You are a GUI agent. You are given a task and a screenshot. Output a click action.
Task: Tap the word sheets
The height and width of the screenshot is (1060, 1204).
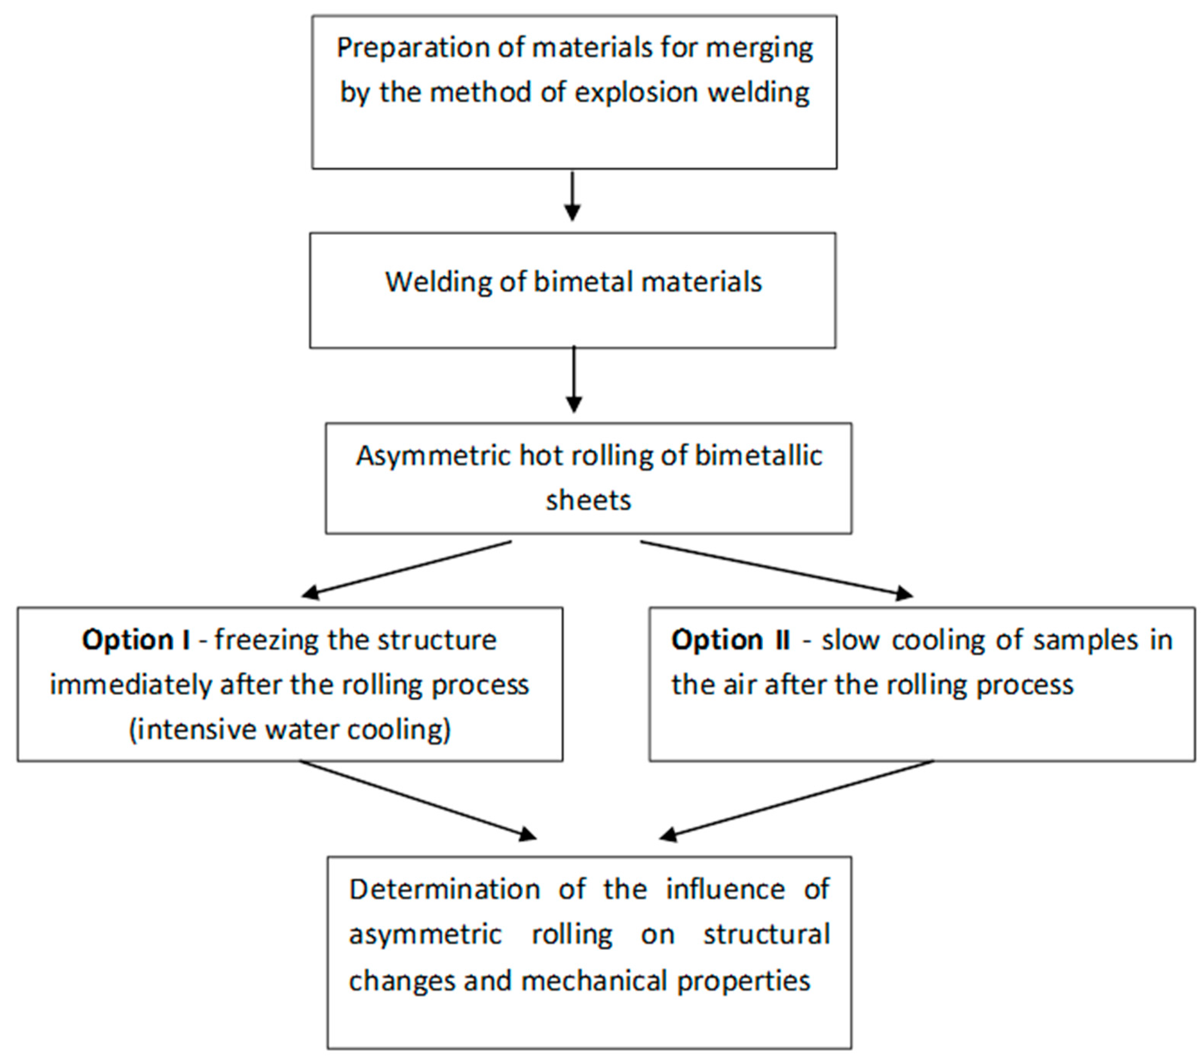[x=588, y=501]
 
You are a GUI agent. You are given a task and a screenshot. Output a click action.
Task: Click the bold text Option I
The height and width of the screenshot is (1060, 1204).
[x=136, y=640]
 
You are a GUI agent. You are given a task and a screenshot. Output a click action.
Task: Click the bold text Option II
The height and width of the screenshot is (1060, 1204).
[x=730, y=640]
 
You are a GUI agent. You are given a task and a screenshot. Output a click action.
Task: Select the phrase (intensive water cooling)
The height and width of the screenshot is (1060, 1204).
[x=290, y=730]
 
